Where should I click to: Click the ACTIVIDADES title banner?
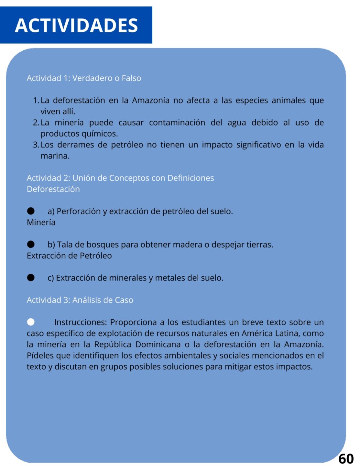pyautogui.click(x=76, y=25)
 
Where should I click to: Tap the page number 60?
pyautogui.click(x=346, y=459)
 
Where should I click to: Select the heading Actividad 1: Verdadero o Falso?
pyautogui.click(x=84, y=78)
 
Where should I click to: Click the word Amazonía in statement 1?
pyautogui.click(x=150, y=100)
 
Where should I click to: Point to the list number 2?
pyautogui.click(x=36, y=123)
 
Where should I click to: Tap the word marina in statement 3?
pyautogui.click(x=55, y=156)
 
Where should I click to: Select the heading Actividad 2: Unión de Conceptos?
pyautogui.click(x=120, y=178)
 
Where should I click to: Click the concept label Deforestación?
pyautogui.click(x=53, y=189)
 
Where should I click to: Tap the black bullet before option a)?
pyautogui.click(x=31, y=211)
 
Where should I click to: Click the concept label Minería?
pyautogui.click(x=41, y=222)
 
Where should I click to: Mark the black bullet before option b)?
pyautogui.click(x=31, y=244)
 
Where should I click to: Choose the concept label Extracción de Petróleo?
pyautogui.click(x=69, y=256)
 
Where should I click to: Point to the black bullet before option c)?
pyautogui.click(x=31, y=278)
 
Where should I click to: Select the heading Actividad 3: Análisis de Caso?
pyautogui.click(x=80, y=300)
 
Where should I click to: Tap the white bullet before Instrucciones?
pyautogui.click(x=31, y=322)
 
